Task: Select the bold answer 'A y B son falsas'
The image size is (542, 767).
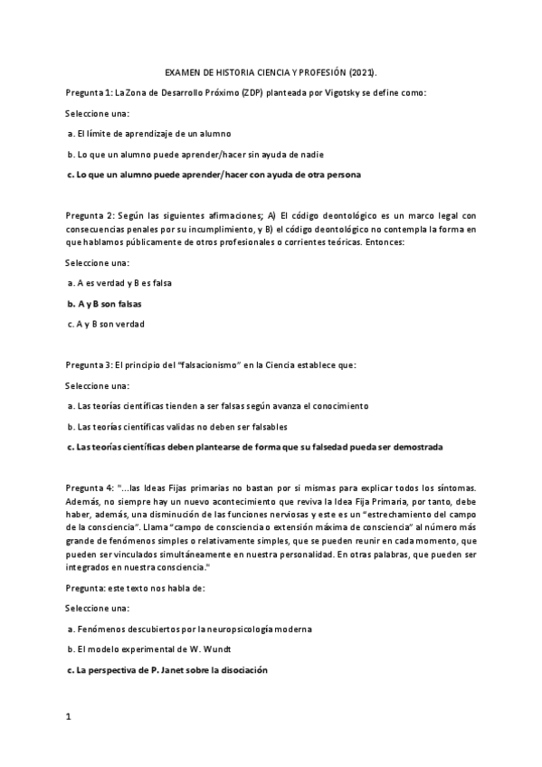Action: (104, 303)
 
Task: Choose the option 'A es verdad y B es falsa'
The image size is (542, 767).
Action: (119, 283)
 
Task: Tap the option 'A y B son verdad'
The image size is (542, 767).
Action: (105, 324)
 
